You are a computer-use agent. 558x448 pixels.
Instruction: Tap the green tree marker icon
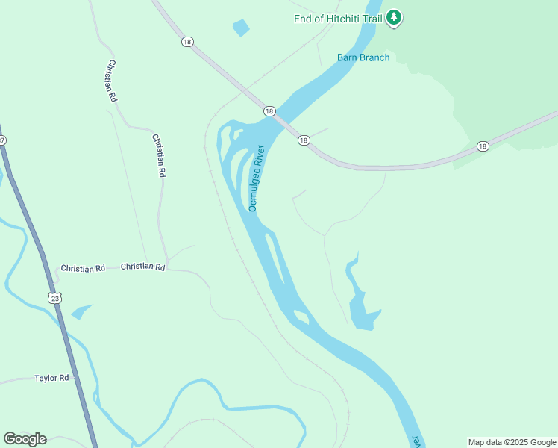394,18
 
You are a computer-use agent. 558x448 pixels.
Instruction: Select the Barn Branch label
363,57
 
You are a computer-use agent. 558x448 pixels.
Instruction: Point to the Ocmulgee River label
257,178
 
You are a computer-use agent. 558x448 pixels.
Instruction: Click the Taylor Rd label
51,378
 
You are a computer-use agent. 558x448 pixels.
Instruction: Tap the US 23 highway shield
56,297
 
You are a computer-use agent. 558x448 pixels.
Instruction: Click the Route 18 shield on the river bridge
269,111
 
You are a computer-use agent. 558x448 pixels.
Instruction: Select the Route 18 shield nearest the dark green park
483,146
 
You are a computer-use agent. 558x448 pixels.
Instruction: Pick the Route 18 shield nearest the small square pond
186,42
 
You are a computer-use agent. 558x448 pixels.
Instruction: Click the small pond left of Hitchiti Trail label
241,28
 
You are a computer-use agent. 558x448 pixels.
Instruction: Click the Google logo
25,438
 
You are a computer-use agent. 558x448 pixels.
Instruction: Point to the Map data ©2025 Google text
512,442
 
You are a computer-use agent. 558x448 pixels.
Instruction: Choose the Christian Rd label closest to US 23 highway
83,268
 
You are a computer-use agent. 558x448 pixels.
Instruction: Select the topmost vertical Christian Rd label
113,81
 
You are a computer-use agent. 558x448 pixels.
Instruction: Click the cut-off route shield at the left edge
2,140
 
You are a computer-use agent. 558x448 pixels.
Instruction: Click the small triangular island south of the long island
301,317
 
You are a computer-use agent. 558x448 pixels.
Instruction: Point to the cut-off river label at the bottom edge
416,441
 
